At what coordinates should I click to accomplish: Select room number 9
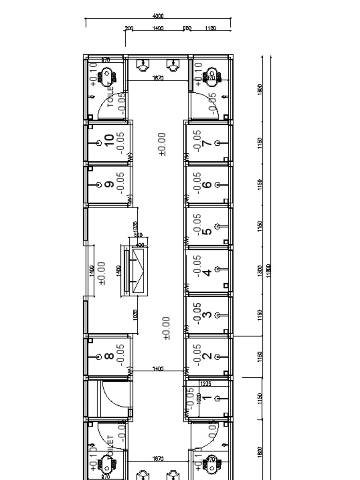[x=110, y=184]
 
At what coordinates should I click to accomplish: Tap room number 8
[x=109, y=356]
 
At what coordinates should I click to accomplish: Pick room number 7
[x=206, y=142]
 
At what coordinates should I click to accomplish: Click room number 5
[x=207, y=231]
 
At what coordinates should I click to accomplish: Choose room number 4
[x=207, y=272]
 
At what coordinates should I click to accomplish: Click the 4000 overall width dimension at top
[x=158, y=16]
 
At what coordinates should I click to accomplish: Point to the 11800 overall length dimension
[x=269, y=270]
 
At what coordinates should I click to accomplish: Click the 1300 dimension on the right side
[x=260, y=270]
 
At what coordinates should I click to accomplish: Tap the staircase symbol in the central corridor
[x=138, y=271]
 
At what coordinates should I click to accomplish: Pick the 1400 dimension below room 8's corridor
[x=158, y=369]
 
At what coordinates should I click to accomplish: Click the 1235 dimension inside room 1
[x=205, y=383]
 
